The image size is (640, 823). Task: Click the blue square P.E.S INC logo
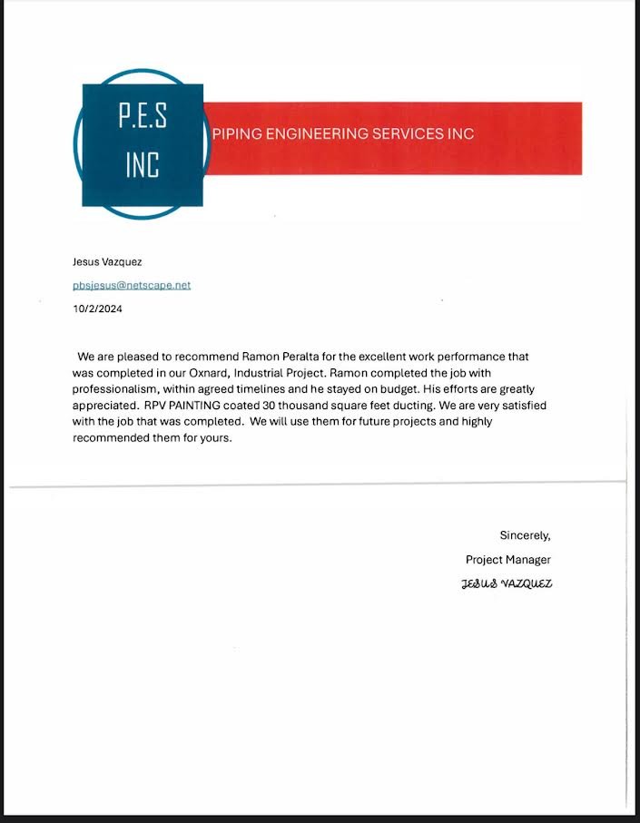click(x=143, y=143)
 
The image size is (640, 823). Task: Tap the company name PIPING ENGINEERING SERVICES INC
click(x=342, y=133)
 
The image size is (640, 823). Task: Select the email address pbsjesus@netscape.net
click(x=132, y=285)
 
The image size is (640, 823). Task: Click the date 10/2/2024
click(x=97, y=309)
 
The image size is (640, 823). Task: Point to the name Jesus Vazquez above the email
click(x=106, y=262)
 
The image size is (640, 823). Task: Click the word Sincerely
click(x=525, y=535)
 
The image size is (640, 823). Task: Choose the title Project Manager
click(x=507, y=560)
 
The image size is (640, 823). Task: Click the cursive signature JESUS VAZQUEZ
click(x=507, y=583)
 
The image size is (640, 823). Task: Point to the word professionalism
click(x=113, y=389)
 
